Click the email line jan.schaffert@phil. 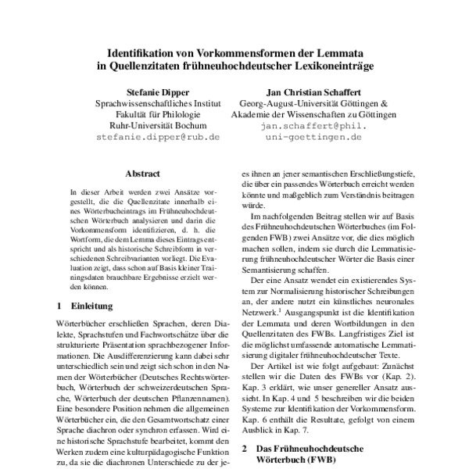point(321,125)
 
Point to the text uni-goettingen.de point(321,136)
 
